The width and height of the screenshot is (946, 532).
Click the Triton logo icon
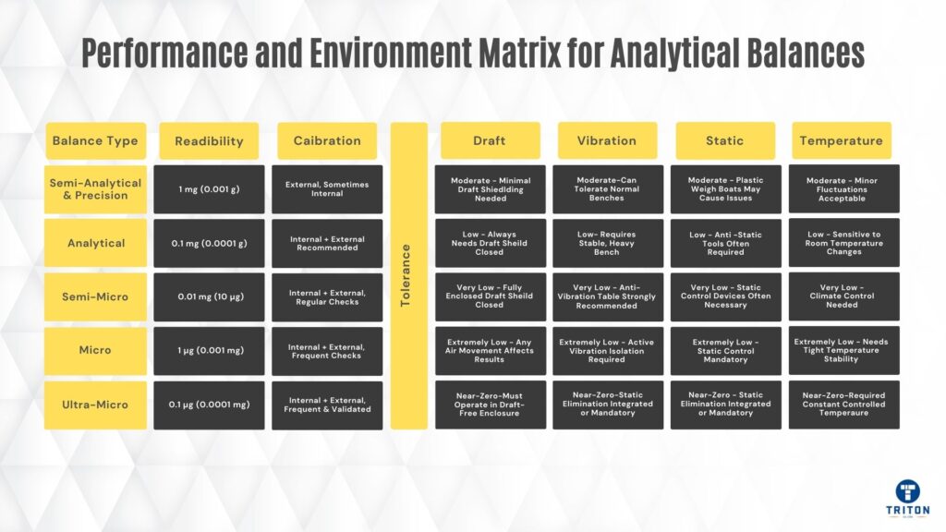(x=907, y=491)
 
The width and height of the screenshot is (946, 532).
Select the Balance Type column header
(x=95, y=140)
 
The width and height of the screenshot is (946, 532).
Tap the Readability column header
(x=209, y=140)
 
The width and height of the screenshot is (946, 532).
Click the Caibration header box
(x=327, y=140)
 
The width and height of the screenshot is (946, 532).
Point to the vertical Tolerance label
(x=406, y=275)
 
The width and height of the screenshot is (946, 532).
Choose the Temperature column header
(x=841, y=140)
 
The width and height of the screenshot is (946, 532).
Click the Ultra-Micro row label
(x=95, y=405)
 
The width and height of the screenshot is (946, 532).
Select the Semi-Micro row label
(x=95, y=296)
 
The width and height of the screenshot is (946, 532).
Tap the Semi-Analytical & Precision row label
(x=95, y=189)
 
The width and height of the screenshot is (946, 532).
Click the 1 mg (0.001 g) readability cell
(x=209, y=189)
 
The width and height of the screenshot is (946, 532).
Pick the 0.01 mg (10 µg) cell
(x=209, y=296)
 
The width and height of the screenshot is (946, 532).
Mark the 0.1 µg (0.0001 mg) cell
(x=209, y=405)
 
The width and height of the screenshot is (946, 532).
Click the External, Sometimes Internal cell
(x=327, y=189)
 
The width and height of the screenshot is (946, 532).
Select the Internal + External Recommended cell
(x=327, y=243)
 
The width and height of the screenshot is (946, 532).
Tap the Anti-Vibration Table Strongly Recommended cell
(x=608, y=296)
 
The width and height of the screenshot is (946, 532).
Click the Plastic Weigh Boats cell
(x=726, y=189)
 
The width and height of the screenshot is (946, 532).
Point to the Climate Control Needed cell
(x=844, y=296)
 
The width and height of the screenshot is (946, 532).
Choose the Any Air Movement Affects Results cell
(x=490, y=350)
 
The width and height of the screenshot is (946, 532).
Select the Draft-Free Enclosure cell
(x=490, y=405)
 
